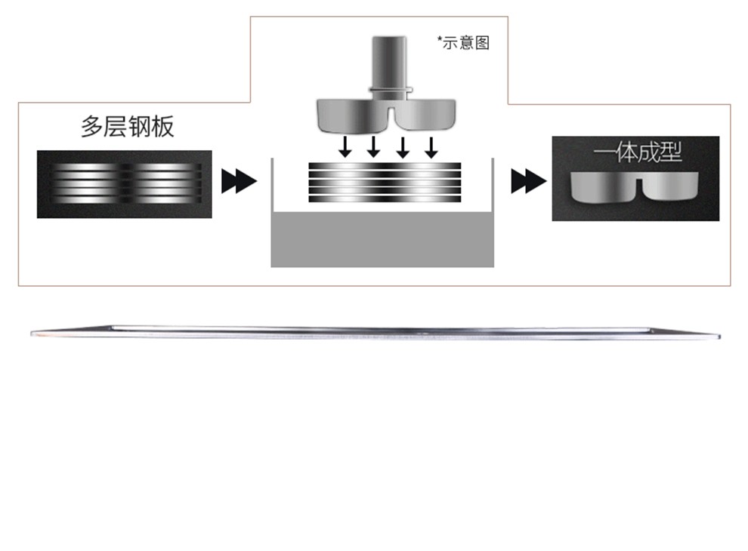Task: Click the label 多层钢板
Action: (128, 126)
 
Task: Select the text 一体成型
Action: (638, 152)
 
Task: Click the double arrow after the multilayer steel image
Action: (239, 181)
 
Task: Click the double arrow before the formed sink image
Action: (529, 181)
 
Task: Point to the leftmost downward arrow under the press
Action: (345, 146)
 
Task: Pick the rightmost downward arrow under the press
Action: (431, 147)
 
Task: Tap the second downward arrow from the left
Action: (373, 146)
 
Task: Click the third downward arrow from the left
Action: (403, 147)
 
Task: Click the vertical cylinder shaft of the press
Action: (389, 62)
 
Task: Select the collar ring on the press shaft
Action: (390, 89)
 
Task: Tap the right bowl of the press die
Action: (425, 115)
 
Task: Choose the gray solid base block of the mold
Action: (382, 240)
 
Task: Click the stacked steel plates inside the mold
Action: (385, 182)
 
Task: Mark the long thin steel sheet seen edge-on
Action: (376, 332)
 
